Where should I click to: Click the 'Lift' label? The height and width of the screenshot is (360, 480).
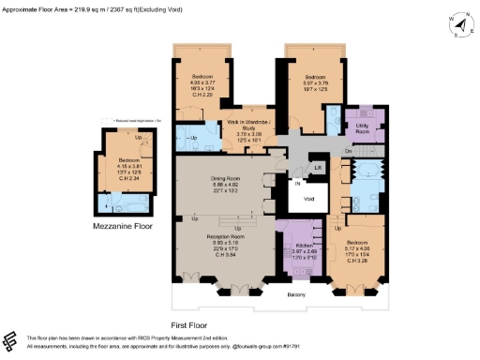[x=319, y=168]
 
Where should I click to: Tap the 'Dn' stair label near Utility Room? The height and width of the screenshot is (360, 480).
[x=347, y=151]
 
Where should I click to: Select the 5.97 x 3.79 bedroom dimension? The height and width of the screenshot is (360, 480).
[x=314, y=83]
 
